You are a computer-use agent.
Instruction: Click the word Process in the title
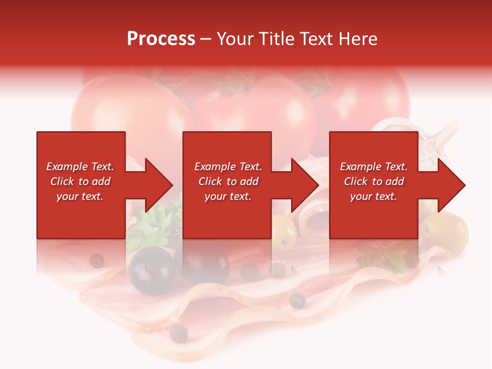[161, 39]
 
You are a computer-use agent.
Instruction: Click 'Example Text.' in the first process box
[80, 167]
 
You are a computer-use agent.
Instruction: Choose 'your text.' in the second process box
[228, 196]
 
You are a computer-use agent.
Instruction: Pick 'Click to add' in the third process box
[374, 181]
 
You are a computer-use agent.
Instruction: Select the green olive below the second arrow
[283, 232]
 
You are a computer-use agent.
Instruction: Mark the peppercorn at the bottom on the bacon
[179, 333]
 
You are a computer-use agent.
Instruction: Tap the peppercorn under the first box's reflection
[96, 261]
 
